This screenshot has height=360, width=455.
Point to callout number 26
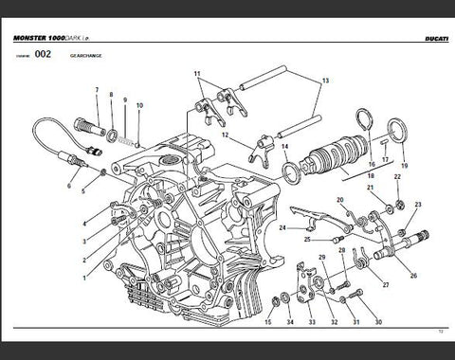pyautogui.click(x=412, y=276)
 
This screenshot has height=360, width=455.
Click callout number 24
pyautogui.click(x=282, y=228)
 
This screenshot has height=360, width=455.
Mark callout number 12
pyautogui.click(x=226, y=135)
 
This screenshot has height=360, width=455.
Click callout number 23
pyautogui.click(x=418, y=205)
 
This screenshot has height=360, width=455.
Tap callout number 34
pyautogui.click(x=288, y=324)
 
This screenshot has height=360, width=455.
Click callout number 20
pyautogui.click(x=340, y=200)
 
